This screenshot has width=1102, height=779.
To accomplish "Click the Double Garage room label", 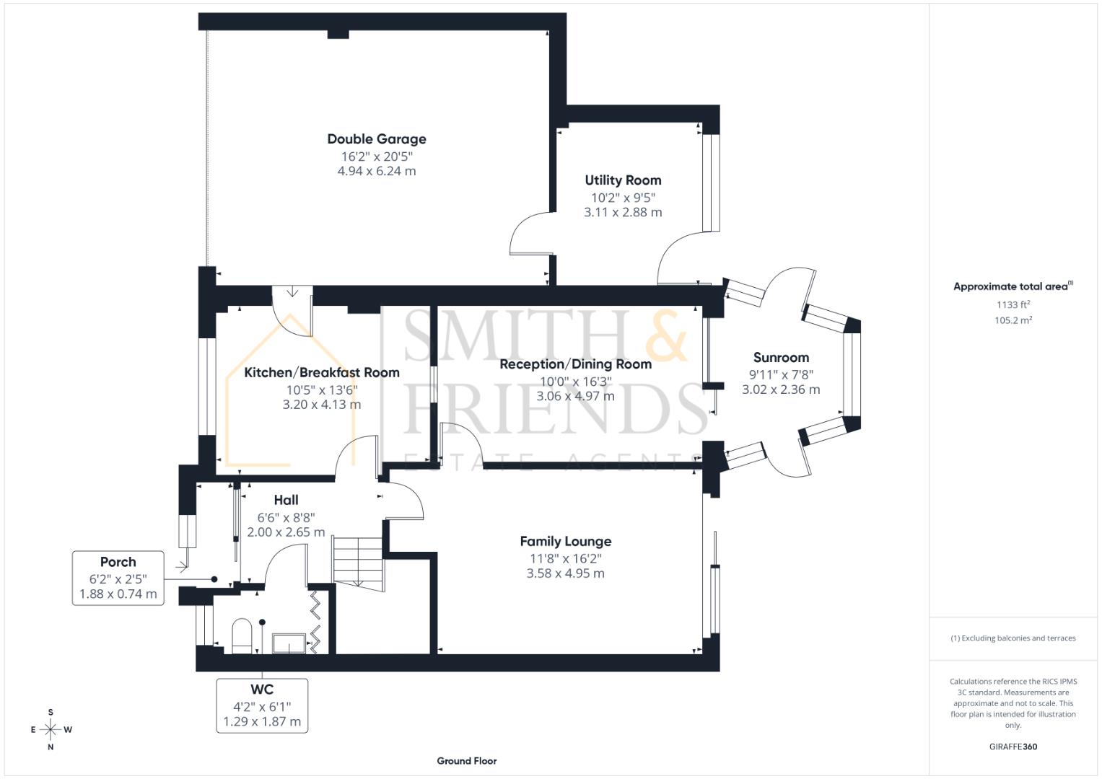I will [376, 139].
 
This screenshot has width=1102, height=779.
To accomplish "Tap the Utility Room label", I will [623, 180].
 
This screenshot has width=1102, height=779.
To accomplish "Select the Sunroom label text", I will [781, 358].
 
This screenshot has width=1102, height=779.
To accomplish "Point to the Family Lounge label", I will [565, 542].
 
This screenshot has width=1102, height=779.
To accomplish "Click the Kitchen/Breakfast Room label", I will [321, 373].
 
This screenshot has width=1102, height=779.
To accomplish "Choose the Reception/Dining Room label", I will [575, 364].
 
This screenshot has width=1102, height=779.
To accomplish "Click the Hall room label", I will [286, 501].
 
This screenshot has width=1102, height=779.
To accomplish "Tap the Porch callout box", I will [118, 578].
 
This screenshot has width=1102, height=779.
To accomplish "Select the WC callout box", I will [262, 705].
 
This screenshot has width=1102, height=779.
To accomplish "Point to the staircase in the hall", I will [357, 560].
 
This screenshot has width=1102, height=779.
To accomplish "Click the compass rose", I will [51, 729].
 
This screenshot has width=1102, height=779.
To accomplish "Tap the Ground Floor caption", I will [466, 761].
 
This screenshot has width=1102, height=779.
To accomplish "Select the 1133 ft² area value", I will [1013, 304].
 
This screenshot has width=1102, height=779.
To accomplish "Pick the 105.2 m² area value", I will [1013, 320].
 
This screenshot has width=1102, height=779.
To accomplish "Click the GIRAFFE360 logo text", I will [1013, 747].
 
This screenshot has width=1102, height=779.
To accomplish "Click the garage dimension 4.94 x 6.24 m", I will [376, 172].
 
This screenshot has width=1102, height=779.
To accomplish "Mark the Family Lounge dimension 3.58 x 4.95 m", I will [565, 574].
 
